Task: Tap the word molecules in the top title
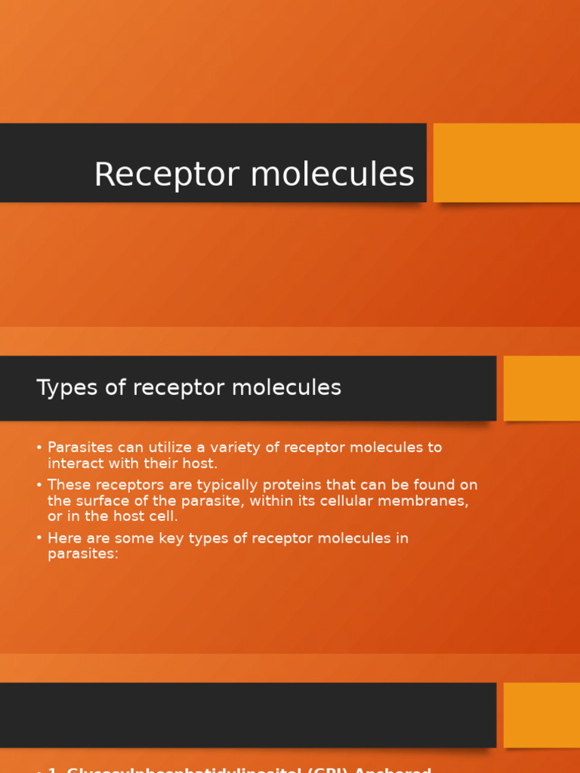coord(332,175)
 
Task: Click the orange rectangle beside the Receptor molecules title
coord(506,162)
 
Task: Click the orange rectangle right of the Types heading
coord(541,388)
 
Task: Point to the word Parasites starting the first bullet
coord(79,448)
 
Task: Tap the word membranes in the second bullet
coord(427,501)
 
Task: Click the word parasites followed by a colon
coord(83,554)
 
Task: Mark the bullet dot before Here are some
coord(39,538)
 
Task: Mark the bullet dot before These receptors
coord(39,485)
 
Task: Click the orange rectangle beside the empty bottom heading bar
coord(541,715)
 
